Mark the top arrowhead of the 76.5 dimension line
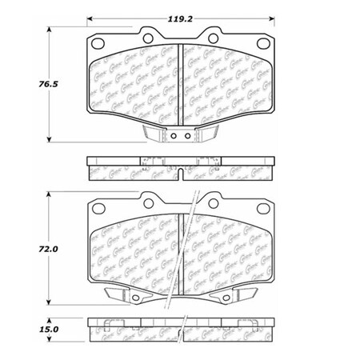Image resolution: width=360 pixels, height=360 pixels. (54, 29)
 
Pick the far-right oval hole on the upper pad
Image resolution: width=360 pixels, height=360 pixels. (264, 44)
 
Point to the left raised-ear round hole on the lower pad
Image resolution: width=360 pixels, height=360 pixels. (149, 201)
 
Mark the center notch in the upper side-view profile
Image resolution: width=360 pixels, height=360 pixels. (180, 170)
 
